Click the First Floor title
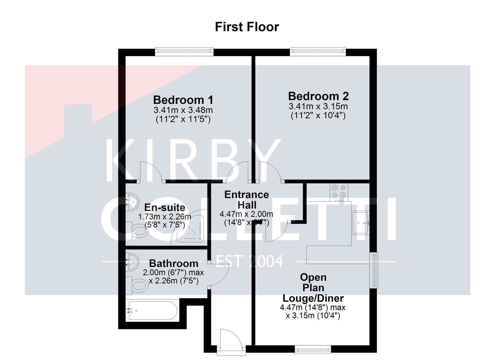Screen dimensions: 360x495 tap(247, 27)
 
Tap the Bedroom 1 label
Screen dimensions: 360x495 tap(183, 100)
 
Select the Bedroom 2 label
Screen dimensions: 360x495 tap(318, 96)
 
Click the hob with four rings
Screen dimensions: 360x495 tap(339, 192)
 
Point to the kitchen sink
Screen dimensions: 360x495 tap(360, 223)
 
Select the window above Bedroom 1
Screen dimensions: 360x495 tap(184, 51)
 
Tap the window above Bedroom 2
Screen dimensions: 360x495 tap(318, 51)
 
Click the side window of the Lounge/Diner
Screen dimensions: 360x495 tap(375, 270)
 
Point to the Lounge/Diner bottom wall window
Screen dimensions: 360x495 tap(313, 349)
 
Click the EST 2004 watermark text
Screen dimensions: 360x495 tap(250, 261)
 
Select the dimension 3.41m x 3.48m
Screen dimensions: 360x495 tap(183, 110)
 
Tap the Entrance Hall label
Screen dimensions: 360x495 tap(246, 199)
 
